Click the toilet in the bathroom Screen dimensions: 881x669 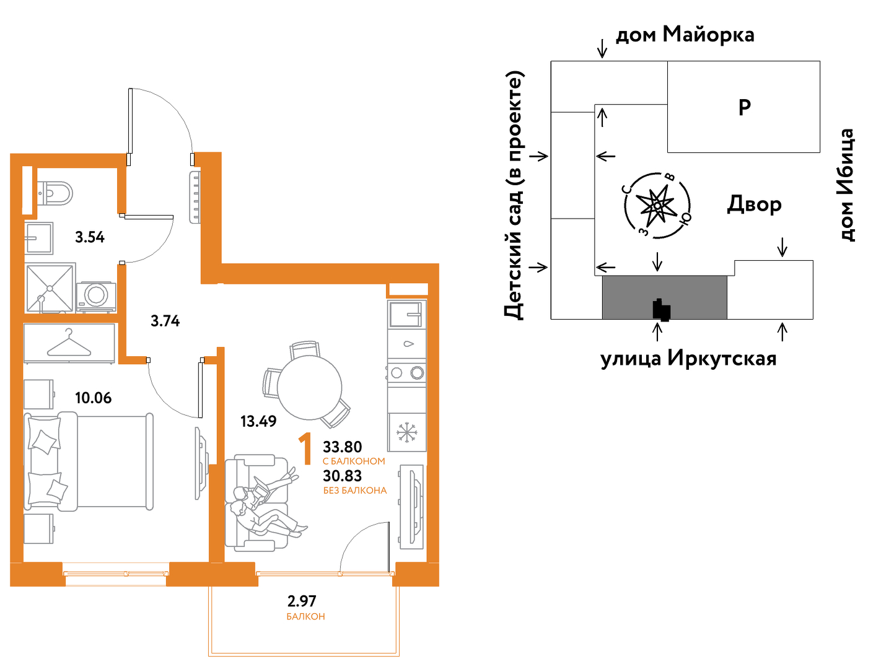55,193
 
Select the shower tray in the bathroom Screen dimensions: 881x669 50,288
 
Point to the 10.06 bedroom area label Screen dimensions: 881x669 93,398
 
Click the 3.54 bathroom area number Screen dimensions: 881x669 90,237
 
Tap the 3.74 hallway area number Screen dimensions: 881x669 165,321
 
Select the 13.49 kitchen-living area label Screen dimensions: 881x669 258,421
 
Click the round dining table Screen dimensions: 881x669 309,388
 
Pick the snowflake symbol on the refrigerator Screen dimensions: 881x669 406,432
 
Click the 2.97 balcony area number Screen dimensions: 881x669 302,601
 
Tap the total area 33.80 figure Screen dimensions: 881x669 343,447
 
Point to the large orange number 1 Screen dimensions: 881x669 305,449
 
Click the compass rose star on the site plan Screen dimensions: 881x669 658,206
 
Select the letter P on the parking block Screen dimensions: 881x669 745,107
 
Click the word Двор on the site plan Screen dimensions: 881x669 754,204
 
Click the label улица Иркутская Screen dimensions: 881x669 688,359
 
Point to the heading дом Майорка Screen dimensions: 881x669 685,35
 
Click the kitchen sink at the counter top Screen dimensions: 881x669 406,314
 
